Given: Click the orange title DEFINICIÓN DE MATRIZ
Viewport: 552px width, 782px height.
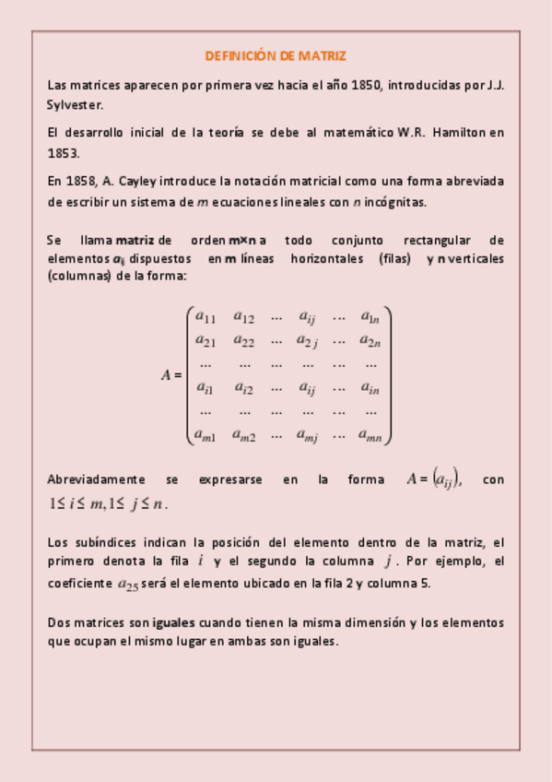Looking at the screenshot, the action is pyautogui.click(x=276, y=56).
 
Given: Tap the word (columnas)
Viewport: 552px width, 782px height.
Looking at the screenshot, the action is pyautogui.click(x=78, y=277).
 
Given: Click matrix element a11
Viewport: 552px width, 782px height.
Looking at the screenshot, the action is pyautogui.click(x=206, y=317).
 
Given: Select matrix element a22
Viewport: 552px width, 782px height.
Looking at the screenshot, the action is pyautogui.click(x=243, y=341).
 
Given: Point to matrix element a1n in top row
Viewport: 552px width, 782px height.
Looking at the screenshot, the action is pyautogui.click(x=370, y=317).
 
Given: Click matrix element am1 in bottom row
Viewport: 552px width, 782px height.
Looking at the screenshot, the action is pyautogui.click(x=206, y=436).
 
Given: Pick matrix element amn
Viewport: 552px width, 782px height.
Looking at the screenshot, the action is pyautogui.click(x=371, y=436).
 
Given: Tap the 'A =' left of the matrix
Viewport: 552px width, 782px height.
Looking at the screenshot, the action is pyautogui.click(x=171, y=376).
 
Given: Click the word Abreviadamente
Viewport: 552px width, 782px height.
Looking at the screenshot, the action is pyautogui.click(x=96, y=480).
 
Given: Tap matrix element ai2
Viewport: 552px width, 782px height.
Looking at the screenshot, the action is pyautogui.click(x=243, y=388).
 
